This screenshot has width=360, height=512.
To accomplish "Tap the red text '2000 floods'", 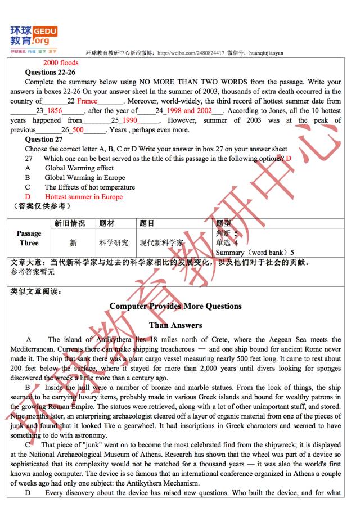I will (61, 62).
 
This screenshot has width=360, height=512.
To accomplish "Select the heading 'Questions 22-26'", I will (50, 73).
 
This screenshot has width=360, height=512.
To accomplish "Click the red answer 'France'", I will (87, 101).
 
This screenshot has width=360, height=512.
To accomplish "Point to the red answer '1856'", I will (54, 111).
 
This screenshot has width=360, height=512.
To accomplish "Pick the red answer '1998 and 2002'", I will (189, 111).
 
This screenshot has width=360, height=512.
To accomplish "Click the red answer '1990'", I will (129, 120).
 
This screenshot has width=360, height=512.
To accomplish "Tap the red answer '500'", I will (78, 130).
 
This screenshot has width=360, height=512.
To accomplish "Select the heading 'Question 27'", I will (44, 140).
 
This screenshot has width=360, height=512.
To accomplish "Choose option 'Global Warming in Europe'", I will (85, 178).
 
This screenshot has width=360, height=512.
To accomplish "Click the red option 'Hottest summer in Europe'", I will (83, 197).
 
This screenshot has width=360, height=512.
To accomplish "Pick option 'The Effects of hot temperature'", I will (90, 187).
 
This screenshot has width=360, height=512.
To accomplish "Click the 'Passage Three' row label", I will (29, 238).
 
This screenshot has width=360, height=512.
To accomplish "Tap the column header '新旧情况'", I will (70, 223).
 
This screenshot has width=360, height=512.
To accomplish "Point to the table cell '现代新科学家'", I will (161, 243).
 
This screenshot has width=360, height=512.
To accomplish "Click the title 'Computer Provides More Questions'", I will (175, 306).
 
